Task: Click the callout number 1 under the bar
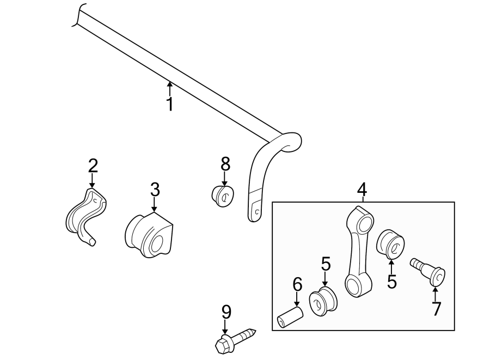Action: pyautogui.click(x=170, y=103)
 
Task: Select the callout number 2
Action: pyautogui.click(x=93, y=165)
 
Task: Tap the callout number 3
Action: pyautogui.click(x=155, y=190)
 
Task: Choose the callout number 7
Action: pyautogui.click(x=436, y=309)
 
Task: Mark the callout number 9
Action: pyautogui.click(x=226, y=312)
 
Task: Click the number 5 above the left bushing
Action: pyautogui.click(x=326, y=264)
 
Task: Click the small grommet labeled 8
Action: pyautogui.click(x=222, y=195)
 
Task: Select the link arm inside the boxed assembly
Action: pyautogui.click(x=359, y=251)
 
